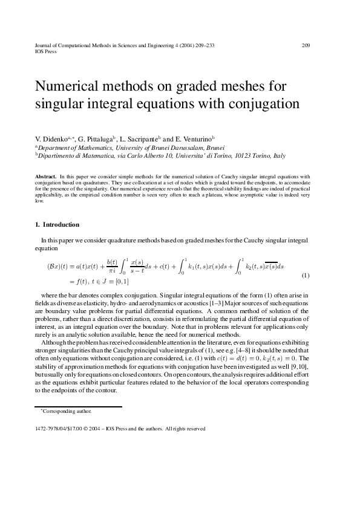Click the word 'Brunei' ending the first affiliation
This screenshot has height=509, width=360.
point(215,147)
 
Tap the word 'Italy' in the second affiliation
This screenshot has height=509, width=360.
point(279,155)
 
